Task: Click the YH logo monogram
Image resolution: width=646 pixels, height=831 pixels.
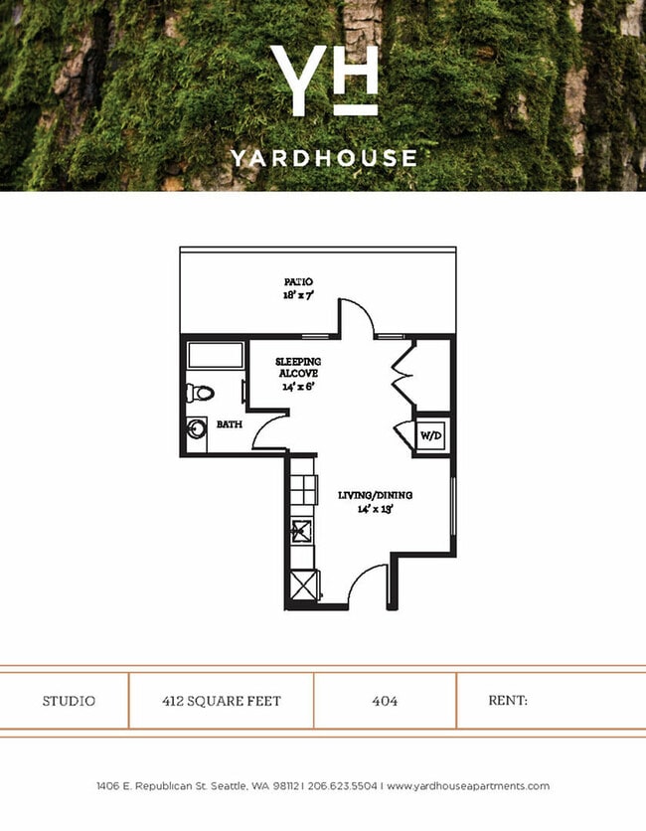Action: [324, 81]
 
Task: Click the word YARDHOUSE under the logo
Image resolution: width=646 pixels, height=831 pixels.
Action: [324, 157]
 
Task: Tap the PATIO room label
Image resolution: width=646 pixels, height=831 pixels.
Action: [297, 282]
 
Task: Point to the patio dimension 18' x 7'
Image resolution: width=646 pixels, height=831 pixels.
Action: [297, 295]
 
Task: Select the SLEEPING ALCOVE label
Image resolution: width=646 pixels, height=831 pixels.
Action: [298, 367]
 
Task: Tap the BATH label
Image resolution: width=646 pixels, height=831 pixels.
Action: [229, 424]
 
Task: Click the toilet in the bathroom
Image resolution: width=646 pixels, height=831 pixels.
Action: [200, 393]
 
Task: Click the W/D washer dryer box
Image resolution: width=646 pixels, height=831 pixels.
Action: [430, 434]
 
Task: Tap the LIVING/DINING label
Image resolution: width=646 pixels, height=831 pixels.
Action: [375, 495]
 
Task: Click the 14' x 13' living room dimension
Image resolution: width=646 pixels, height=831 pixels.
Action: [375, 509]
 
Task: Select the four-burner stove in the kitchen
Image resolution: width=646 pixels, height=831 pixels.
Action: [301, 488]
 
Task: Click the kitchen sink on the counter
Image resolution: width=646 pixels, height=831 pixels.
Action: [300, 531]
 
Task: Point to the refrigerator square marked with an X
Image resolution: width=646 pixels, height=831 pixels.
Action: [302, 585]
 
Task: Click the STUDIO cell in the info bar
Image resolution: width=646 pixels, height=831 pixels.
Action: [69, 701]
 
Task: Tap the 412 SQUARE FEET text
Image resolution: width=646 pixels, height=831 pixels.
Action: [221, 701]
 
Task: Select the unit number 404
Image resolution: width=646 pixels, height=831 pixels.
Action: [385, 701]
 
